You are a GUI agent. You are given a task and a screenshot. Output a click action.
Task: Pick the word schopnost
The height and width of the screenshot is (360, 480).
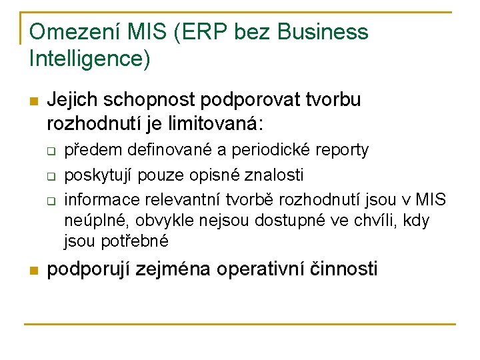pos(153,100)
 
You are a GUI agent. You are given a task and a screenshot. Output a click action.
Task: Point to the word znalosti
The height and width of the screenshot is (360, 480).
pos(279,175)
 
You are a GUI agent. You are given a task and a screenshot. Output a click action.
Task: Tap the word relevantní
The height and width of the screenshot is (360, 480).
pos(182,199)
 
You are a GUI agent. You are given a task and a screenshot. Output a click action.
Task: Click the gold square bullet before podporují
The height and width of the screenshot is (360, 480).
pos(33,271)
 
